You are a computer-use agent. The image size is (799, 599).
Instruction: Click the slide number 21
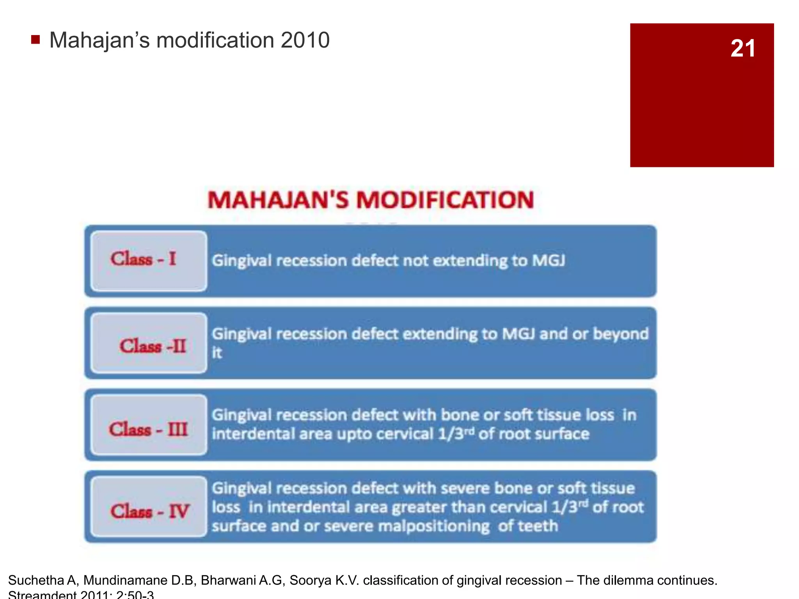[742, 49]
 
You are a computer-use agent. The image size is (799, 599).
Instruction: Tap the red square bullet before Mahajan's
[36, 39]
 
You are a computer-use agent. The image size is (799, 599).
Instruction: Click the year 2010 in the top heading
[305, 40]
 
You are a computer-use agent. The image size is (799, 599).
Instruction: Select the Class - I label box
[149, 261]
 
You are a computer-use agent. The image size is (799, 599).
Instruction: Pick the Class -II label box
[149, 343]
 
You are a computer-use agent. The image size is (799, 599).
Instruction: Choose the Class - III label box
[149, 425]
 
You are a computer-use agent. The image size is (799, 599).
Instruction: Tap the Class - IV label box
[149, 507]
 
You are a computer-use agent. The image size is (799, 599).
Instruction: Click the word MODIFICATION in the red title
[445, 200]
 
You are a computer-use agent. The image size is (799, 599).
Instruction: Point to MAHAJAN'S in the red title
[278, 200]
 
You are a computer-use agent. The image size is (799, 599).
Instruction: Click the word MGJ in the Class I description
[549, 261]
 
